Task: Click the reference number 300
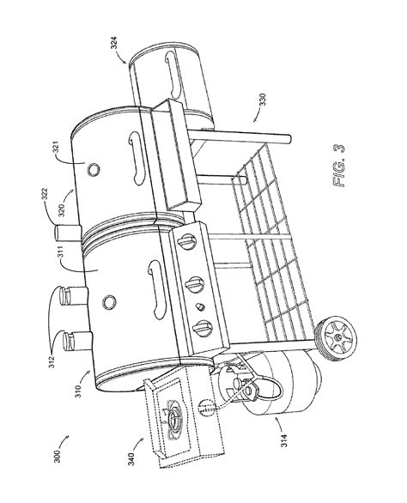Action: pyautogui.click(x=58, y=456)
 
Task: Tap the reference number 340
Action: pyautogui.click(x=131, y=459)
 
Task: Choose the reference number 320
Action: pyautogui.click(x=62, y=210)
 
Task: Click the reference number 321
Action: pyautogui.click(x=56, y=148)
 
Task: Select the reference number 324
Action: pyautogui.click(x=114, y=43)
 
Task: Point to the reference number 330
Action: pyautogui.click(x=263, y=100)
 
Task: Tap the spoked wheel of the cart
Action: pyautogui.click(x=337, y=336)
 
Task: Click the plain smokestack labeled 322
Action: pyautogui.click(x=68, y=233)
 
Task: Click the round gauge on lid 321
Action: pyautogui.click(x=93, y=170)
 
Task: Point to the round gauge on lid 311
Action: pyautogui.click(x=109, y=301)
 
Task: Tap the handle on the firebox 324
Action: pyautogui.click(x=173, y=75)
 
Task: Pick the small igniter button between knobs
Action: pyautogui.click(x=201, y=307)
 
